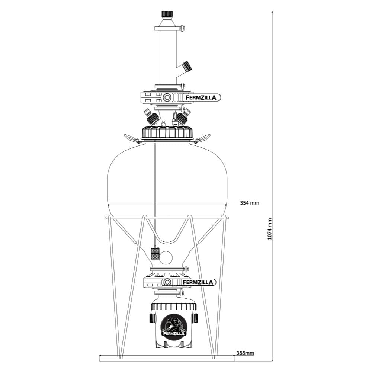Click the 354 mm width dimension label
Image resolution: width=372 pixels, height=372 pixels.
tap(250, 203)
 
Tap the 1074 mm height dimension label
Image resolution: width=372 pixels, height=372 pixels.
tap(269, 229)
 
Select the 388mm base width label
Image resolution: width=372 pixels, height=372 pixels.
tap(245, 353)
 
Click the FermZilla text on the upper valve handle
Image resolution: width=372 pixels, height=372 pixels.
tap(201, 97)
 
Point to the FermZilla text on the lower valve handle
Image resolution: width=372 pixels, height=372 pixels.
tap(198, 282)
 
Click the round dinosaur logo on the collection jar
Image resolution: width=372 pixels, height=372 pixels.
tap(174, 326)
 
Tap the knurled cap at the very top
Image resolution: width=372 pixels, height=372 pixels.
tap(167, 14)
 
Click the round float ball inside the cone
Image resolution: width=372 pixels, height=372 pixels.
tap(166, 258)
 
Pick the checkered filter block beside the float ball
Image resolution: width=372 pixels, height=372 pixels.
tap(155, 254)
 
